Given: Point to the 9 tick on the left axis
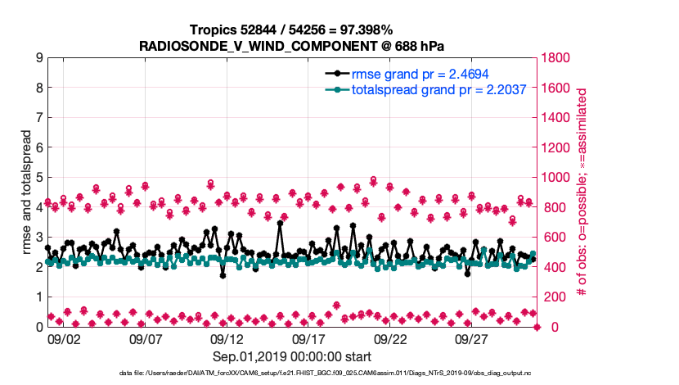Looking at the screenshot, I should [39, 58].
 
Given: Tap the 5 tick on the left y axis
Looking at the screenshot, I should [39, 177].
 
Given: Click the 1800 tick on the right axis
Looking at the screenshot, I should [558, 58].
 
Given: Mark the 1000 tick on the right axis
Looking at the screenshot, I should [558, 177].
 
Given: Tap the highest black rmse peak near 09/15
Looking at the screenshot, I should [280, 223].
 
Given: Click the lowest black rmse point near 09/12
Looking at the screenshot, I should [223, 275].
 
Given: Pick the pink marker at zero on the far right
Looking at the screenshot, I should [537, 327].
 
